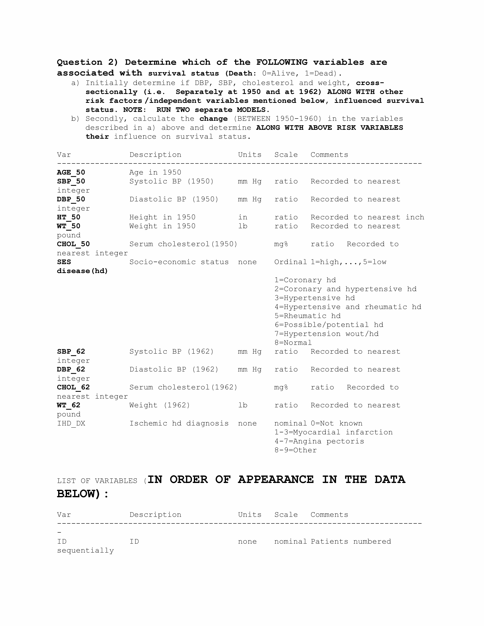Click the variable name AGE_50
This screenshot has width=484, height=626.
(x=71, y=172)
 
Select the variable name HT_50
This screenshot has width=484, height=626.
(x=69, y=217)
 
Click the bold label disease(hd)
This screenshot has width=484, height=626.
(x=82, y=271)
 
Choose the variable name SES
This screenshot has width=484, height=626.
(x=64, y=262)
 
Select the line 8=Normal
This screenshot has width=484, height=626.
(x=293, y=343)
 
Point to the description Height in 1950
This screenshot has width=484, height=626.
(x=162, y=217)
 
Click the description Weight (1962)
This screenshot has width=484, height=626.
(x=160, y=405)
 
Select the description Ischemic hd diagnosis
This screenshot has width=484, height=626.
(x=179, y=423)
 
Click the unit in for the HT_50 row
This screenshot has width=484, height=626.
(x=243, y=217)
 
